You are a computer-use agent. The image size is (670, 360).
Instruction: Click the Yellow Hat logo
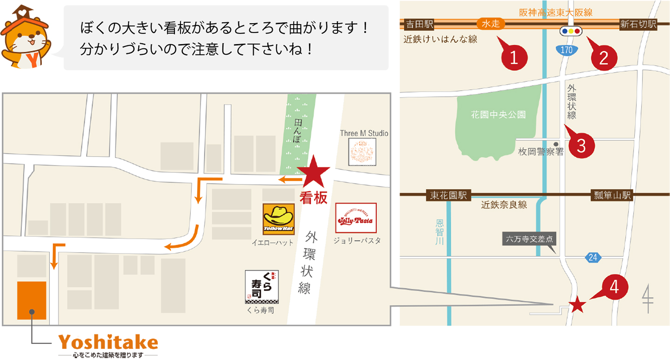(279, 220)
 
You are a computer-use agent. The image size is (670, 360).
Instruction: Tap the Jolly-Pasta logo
(356, 218)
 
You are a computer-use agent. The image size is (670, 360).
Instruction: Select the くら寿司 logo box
(261, 287)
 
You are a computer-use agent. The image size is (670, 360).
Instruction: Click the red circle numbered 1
(514, 58)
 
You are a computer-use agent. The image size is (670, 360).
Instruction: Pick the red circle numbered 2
(603, 58)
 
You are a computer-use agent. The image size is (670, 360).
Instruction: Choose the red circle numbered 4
(614, 287)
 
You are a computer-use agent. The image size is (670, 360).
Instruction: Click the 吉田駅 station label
(419, 25)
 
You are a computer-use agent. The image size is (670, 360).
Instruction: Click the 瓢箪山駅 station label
(611, 195)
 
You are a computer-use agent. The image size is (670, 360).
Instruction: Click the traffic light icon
(571, 31)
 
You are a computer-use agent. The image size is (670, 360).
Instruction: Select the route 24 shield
(592, 257)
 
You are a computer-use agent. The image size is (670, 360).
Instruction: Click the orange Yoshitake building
(32, 300)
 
